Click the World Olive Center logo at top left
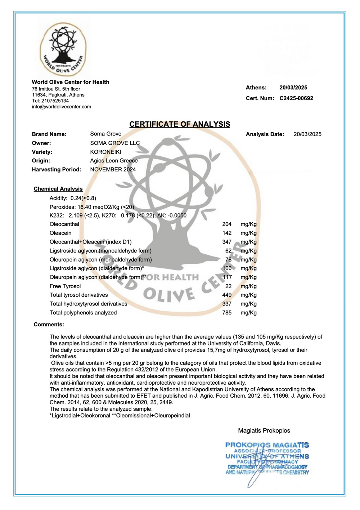(x=63, y=48)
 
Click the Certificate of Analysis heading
(x=180, y=124)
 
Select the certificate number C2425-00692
(x=296, y=98)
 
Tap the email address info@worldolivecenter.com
(x=61, y=107)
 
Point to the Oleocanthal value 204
(x=227, y=224)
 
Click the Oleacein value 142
(x=227, y=233)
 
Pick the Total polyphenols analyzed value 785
(x=227, y=313)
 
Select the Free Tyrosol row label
(x=65, y=286)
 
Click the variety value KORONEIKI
(x=105, y=152)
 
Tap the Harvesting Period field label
(x=57, y=170)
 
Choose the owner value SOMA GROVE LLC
(x=115, y=143)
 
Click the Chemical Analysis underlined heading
(x=58, y=189)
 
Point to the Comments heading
(x=49, y=325)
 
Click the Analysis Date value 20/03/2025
(x=307, y=134)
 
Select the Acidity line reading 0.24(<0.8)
(x=73, y=198)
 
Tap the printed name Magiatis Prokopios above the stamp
(x=264, y=430)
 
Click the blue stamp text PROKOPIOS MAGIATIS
(x=267, y=445)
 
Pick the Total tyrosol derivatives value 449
(x=227, y=295)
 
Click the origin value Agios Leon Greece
(x=114, y=161)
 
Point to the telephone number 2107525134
(x=55, y=101)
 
